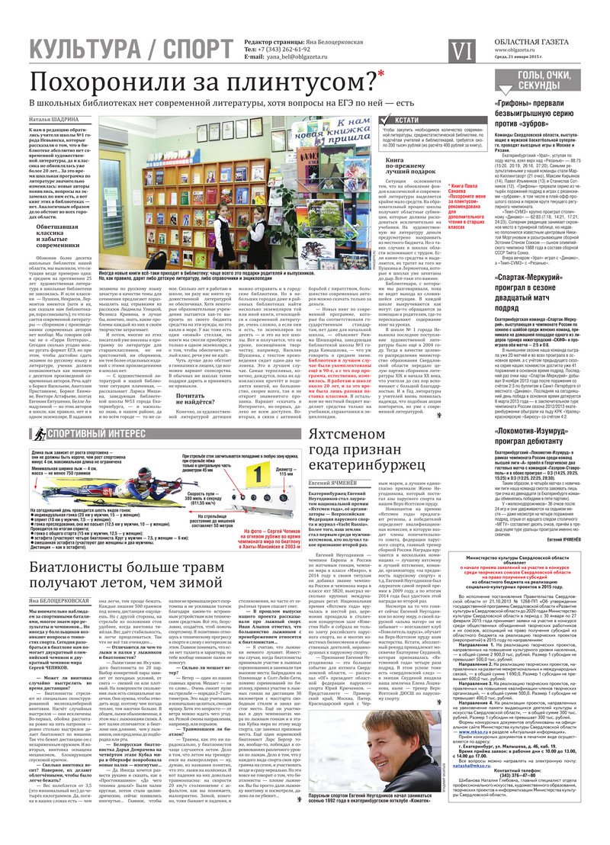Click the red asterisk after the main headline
click(x=380, y=76)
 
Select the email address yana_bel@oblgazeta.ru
click(x=304, y=56)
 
